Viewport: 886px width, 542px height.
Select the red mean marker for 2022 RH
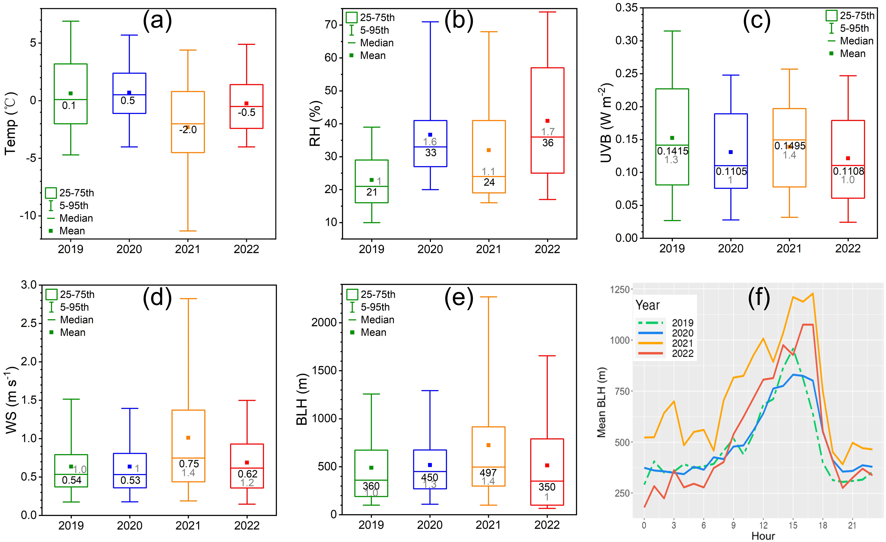point(547,121)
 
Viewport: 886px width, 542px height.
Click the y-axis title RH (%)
point(315,123)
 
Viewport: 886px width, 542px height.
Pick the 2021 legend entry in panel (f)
point(683,343)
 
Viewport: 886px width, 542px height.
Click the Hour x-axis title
point(763,536)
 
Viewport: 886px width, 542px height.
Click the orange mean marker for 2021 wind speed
point(188,438)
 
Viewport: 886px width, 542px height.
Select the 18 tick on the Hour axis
point(823,525)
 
